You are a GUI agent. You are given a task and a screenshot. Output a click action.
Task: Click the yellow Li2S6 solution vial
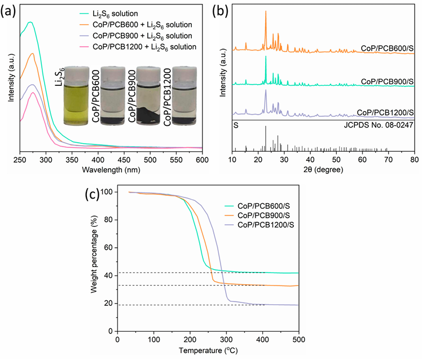pos(76,96)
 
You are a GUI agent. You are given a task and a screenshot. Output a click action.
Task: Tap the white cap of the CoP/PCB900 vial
pos(148,74)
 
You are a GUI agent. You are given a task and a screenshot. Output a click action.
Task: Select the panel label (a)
pos(8,12)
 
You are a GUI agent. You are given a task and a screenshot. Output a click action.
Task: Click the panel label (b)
pos(220,11)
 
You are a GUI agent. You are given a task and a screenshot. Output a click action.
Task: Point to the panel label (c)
pos(92,195)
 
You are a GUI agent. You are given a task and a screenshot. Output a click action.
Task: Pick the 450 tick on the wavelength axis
pos(124,160)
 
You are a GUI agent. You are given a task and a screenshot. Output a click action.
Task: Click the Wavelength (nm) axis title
pos(111,170)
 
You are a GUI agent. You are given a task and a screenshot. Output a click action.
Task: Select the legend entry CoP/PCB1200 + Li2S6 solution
pos(144,47)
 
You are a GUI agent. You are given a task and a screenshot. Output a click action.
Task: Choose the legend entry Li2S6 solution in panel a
pos(115,14)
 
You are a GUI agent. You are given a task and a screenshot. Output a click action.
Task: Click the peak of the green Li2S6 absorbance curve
pos(30,22)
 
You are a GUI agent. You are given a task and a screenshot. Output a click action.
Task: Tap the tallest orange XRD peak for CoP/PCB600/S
pos(266,11)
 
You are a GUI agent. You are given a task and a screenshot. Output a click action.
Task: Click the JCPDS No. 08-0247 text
pos(379,125)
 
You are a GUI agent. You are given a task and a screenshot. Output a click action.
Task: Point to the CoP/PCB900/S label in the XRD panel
pos(387,81)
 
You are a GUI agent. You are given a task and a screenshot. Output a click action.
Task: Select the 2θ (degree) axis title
pos(323,170)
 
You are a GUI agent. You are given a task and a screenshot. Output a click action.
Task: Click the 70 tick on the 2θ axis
pos(388,159)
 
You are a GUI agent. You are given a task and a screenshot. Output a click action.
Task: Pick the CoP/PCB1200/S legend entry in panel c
pos(266,225)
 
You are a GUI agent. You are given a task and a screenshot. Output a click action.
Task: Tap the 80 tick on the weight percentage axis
pos(108,220)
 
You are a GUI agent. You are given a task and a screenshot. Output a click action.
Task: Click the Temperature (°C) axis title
pos(208,350)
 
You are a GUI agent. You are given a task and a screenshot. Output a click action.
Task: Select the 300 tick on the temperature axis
pos(226,340)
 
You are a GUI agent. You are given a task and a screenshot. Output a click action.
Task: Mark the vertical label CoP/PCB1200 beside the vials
pos(168,97)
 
